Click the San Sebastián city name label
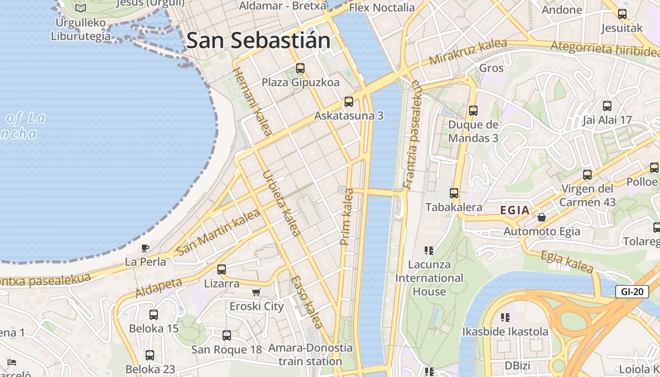click(x=258, y=41)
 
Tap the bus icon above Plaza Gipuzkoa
click(x=300, y=68)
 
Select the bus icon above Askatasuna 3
click(x=349, y=101)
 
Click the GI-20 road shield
click(x=632, y=292)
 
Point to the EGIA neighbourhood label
click(x=515, y=211)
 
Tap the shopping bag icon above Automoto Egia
click(x=542, y=217)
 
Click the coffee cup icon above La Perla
click(x=145, y=248)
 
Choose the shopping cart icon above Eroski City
click(x=256, y=293)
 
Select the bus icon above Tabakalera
click(x=454, y=193)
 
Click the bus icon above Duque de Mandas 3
click(x=473, y=111)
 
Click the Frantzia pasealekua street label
click(x=412, y=134)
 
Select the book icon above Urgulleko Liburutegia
click(x=81, y=8)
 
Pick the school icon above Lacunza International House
click(x=429, y=250)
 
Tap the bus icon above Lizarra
click(x=222, y=270)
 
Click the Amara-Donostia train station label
click(x=310, y=355)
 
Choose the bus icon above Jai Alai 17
click(x=607, y=106)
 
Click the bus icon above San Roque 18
click(x=227, y=336)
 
